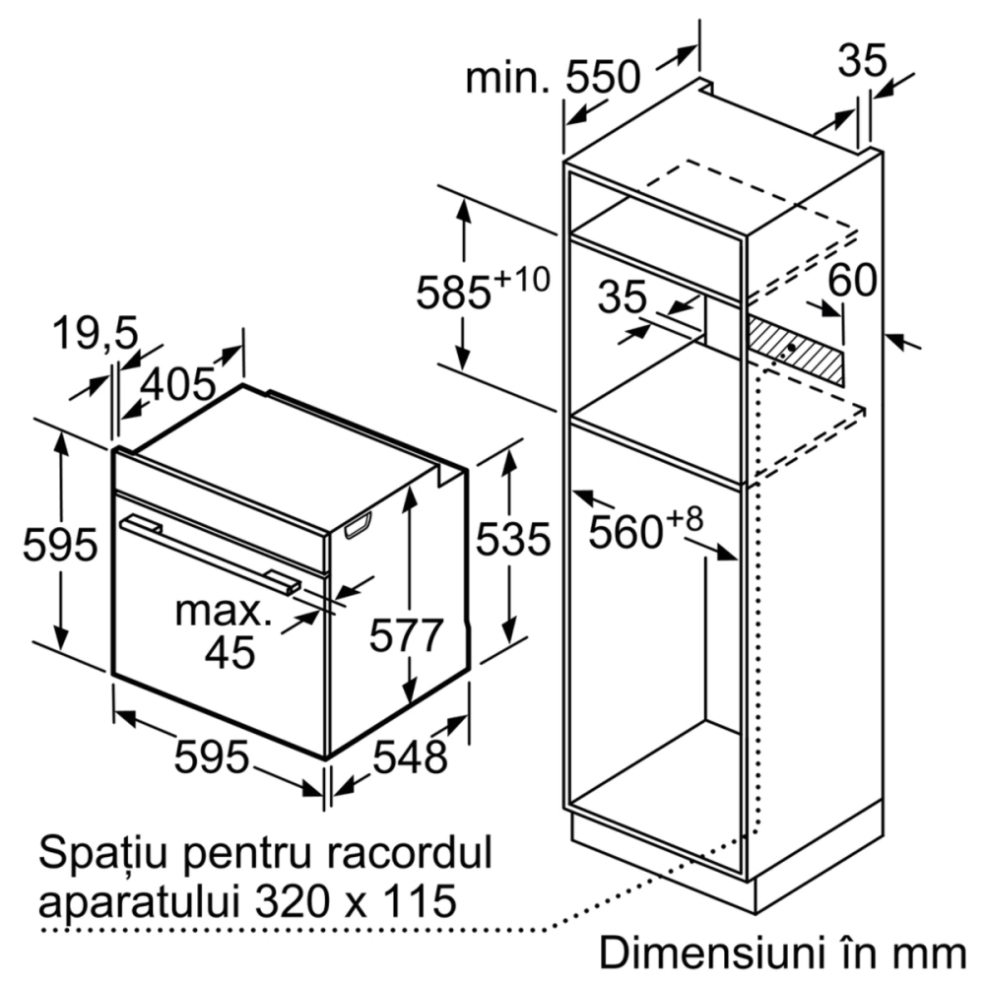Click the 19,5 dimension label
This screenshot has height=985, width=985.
coord(95,333)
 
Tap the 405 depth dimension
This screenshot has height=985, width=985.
coord(178,384)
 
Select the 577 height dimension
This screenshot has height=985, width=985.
coord(407,635)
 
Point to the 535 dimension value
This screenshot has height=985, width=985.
coord(512,539)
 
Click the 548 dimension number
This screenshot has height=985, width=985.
coord(410,756)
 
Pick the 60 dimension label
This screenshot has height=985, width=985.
coord(852,280)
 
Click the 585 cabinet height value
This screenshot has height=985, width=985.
coord(453,293)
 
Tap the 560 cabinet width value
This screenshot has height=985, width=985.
coord(625,532)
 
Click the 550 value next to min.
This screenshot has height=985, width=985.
coord(603,77)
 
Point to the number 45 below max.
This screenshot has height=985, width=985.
coord(230,653)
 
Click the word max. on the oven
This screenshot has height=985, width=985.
coord(224,611)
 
